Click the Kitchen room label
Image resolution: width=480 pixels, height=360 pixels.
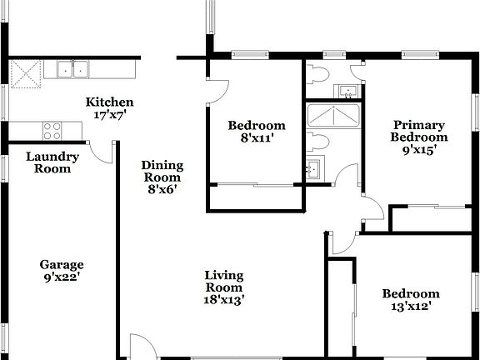tap(110, 102)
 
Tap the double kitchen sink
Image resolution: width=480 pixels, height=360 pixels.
tap(73, 70)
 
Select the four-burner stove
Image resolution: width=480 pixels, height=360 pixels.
tap(52, 130)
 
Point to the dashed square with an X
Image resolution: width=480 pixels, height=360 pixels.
tap(27, 75)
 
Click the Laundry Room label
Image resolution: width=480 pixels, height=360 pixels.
tap(52, 162)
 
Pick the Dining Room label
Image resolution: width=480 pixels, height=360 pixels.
tap(162, 171)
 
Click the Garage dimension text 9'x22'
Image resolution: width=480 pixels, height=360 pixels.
tap(62, 277)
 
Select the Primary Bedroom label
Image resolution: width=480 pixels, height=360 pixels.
tap(420, 132)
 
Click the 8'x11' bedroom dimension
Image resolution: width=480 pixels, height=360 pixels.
tap(257, 138)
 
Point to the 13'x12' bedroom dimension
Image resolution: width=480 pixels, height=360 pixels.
tap(410, 306)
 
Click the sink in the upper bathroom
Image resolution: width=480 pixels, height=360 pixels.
tap(347, 90)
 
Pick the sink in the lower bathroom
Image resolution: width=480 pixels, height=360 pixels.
tap(314, 169)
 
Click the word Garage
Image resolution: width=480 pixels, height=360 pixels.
tap(62, 265)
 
